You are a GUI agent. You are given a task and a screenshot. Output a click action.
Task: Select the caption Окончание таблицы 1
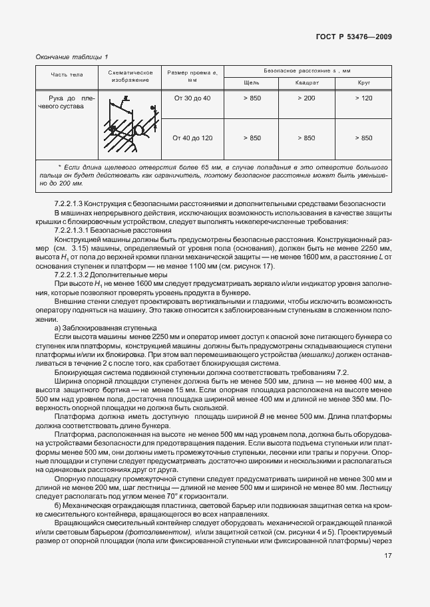71,57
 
